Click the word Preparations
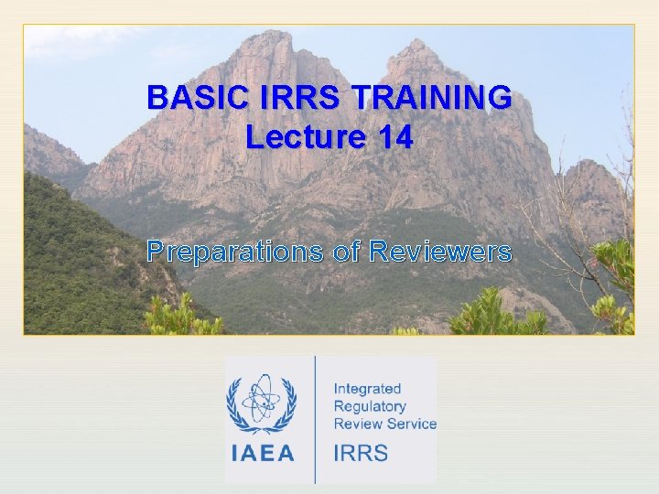(x=235, y=252)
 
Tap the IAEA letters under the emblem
(x=262, y=453)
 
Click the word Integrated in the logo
(x=367, y=389)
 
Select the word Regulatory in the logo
(x=369, y=406)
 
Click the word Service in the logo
(x=411, y=424)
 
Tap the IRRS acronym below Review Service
(x=361, y=453)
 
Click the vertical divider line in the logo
(x=315, y=420)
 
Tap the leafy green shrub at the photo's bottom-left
(x=178, y=316)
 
